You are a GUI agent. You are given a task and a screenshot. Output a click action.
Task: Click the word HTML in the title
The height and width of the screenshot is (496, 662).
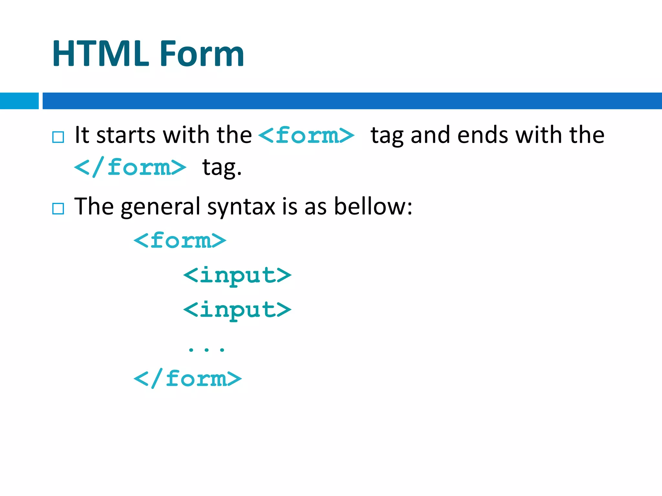101,54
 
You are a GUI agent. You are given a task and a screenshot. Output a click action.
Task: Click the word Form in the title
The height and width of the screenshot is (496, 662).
202,54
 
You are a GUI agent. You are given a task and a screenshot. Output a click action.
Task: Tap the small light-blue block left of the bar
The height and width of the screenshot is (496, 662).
19,101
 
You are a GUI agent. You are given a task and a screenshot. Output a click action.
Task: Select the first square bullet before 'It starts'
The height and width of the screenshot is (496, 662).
58,137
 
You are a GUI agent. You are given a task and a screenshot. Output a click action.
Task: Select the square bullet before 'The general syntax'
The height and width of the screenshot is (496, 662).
58,209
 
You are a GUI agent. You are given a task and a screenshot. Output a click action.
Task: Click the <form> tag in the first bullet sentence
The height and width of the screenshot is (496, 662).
306,135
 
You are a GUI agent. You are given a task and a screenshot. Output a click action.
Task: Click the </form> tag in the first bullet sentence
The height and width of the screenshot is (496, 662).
130,168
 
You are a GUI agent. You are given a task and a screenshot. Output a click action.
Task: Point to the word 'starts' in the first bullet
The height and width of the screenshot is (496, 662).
126,135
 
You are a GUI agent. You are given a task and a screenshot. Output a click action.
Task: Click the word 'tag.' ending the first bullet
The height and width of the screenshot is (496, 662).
222,168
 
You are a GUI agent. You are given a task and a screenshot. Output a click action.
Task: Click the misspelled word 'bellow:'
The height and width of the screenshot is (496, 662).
373,206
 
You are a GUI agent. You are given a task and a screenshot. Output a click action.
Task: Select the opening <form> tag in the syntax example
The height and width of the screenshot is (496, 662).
180,241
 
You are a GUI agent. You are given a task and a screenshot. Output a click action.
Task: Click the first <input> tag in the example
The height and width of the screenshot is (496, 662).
237,275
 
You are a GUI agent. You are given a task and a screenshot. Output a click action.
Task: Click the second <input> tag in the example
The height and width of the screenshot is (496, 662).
237,310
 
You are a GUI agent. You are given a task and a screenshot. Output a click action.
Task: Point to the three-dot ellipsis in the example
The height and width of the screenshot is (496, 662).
206,349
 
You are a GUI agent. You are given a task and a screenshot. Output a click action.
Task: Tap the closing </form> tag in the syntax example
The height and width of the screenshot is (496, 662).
187,378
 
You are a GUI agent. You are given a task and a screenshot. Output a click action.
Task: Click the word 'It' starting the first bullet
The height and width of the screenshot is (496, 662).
81,135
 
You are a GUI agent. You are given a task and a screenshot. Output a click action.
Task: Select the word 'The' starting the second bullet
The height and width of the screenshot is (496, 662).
94,206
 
